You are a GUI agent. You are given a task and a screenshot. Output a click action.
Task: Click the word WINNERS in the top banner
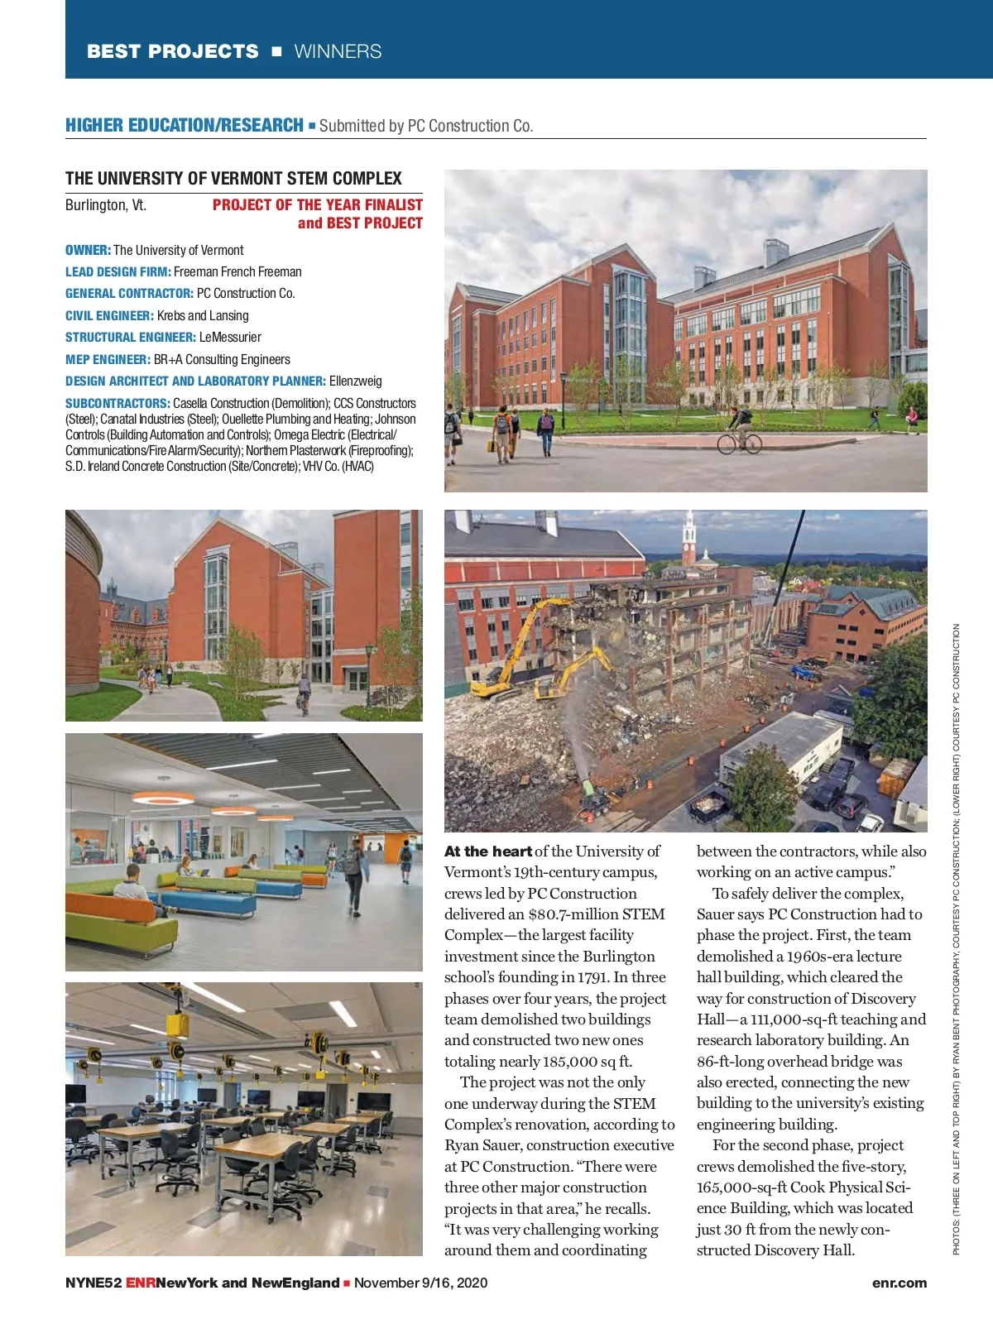tap(338, 51)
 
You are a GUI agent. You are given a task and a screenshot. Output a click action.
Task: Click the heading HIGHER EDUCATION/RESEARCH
tap(184, 126)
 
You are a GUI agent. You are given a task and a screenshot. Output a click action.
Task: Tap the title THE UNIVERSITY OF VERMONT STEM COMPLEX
tap(233, 179)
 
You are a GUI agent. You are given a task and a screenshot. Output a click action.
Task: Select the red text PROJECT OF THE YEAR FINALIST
tap(317, 205)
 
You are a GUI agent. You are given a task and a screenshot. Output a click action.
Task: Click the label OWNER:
tap(88, 250)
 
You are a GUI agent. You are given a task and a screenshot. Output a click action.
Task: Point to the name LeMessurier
tap(230, 338)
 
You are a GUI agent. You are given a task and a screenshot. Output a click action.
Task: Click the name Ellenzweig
tap(356, 381)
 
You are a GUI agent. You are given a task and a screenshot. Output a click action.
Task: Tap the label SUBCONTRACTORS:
tap(118, 404)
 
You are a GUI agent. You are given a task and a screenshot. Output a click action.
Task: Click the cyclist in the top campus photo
tap(738, 430)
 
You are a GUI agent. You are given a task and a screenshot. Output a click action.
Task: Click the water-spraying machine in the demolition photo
tap(593, 792)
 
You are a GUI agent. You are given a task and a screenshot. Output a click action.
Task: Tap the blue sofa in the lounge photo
tap(207, 902)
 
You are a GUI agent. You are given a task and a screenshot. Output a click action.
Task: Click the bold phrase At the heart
tap(487, 851)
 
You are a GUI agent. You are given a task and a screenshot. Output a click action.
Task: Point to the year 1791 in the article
tap(593, 977)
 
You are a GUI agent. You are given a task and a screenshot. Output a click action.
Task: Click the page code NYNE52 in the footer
tap(94, 1283)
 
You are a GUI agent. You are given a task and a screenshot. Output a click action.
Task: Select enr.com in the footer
tap(899, 1283)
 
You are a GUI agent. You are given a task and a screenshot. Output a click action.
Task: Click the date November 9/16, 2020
tap(420, 1283)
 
